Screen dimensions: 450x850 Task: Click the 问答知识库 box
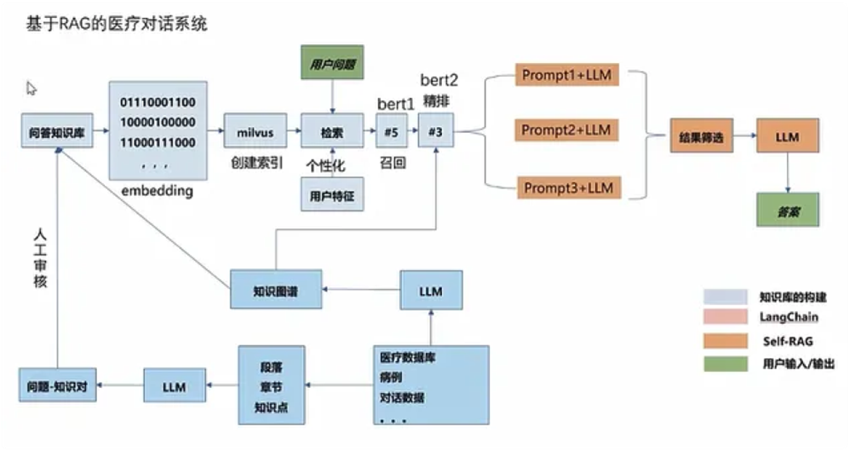click(56, 133)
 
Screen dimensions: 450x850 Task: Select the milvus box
click(253, 132)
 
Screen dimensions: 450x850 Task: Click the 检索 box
click(332, 133)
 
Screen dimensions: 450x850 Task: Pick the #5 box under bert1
click(392, 133)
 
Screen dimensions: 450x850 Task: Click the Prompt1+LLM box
click(566, 75)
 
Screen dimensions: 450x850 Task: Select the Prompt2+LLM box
click(566, 130)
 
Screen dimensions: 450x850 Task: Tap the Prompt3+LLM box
click(566, 187)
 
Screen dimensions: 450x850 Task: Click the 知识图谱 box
click(275, 290)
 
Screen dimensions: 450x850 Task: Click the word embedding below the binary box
click(157, 191)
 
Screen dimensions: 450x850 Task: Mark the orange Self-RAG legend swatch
click(724, 341)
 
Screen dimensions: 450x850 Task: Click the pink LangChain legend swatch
click(724, 318)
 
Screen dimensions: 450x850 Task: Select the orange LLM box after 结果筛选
click(787, 136)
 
